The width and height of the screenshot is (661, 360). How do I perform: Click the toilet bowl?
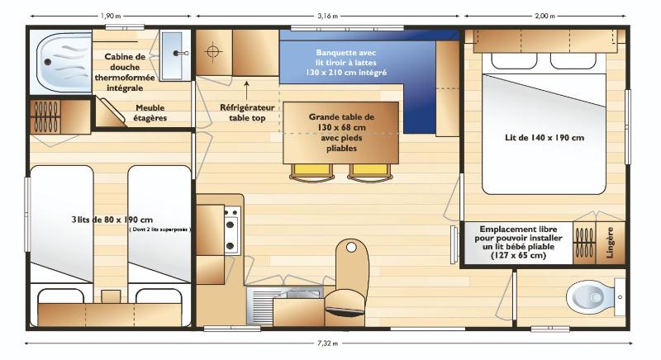click(590, 297)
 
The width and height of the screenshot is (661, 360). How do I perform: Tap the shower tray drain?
click(48, 62)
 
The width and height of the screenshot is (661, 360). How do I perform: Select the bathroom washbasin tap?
click(182, 54)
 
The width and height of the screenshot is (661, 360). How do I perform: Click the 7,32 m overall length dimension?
click(327, 343)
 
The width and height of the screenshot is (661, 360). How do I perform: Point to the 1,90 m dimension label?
click(111, 16)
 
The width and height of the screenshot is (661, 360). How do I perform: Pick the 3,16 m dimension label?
click(327, 16)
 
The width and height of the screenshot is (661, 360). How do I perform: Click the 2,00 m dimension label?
click(544, 16)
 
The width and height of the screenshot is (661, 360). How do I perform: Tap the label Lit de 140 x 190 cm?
click(544, 138)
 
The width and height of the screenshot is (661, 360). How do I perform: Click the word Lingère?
click(610, 243)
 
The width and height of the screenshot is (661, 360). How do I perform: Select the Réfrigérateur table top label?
click(247, 113)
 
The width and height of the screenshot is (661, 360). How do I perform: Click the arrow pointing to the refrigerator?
click(246, 90)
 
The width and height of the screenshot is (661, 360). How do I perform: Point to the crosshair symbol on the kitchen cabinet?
click(214, 52)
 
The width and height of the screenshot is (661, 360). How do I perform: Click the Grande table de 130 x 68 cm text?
click(341, 133)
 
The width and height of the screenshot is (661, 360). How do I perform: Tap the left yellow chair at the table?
click(312, 173)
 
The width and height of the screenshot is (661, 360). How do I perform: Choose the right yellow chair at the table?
click(370, 173)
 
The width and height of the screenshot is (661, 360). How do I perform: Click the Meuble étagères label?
click(150, 113)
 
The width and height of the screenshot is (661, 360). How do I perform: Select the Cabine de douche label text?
click(125, 72)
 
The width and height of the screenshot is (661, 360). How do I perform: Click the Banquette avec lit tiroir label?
click(345, 63)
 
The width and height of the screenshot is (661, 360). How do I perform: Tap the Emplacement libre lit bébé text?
click(519, 242)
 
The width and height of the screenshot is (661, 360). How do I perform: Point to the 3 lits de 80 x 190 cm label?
click(112, 220)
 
